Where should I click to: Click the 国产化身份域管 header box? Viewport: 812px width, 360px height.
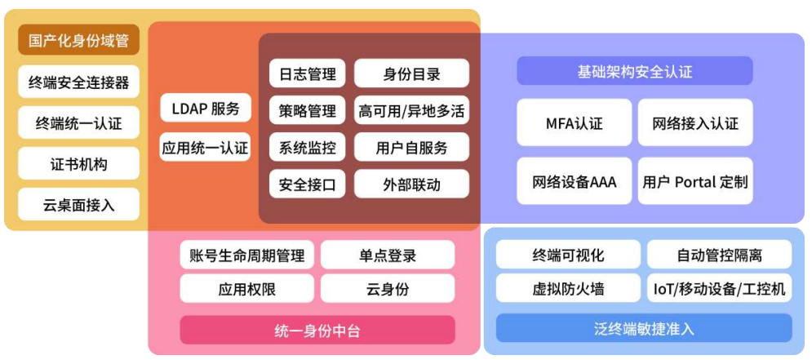pos(79,41)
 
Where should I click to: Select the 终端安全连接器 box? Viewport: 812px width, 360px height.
pos(79,82)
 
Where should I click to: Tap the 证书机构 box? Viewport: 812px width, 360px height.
pos(79,164)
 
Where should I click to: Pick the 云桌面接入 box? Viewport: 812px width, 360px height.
pos(79,205)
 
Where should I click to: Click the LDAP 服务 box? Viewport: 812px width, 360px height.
pos(206,108)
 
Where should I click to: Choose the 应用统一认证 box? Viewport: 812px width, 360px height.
pos(206,148)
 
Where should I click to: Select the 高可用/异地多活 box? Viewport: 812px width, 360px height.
pos(411,110)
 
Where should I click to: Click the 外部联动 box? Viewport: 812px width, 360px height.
pos(411,184)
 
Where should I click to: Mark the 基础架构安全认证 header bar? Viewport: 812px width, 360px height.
pos(634,72)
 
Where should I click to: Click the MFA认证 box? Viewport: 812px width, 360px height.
pos(575,123)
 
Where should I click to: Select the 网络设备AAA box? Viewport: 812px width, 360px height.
pos(575,181)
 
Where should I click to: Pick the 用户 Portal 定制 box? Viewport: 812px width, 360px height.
pos(695,181)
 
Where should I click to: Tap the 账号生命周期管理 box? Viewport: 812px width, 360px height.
pos(246,255)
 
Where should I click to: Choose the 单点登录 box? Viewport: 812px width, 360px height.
pos(388,255)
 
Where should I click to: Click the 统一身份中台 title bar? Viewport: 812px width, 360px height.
pos(317,330)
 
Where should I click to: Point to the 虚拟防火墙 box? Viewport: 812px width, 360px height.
pos(568,288)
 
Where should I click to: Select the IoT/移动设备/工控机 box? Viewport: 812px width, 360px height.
pos(720,288)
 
